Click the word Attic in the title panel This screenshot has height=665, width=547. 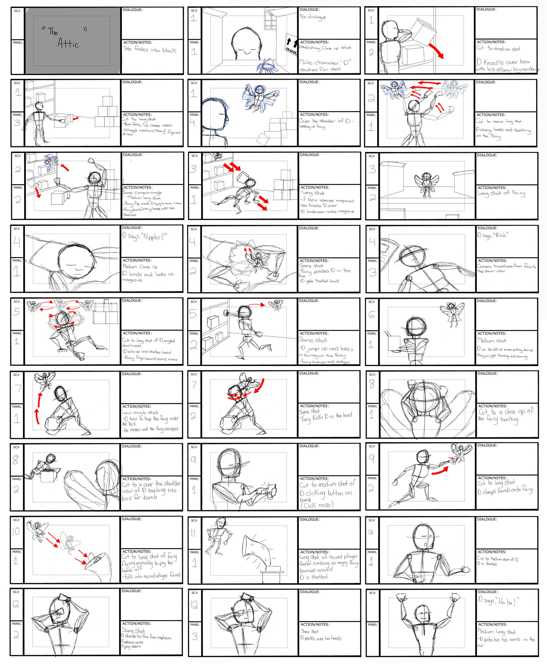click(x=68, y=43)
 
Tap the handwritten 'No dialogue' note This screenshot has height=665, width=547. click(x=313, y=17)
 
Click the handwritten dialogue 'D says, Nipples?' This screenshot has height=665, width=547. click(x=144, y=236)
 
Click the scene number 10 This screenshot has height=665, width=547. click(x=16, y=531)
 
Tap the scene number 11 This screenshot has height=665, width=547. click(x=193, y=533)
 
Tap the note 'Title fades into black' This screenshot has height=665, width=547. click(x=150, y=50)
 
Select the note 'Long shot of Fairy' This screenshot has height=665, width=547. click(x=501, y=193)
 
